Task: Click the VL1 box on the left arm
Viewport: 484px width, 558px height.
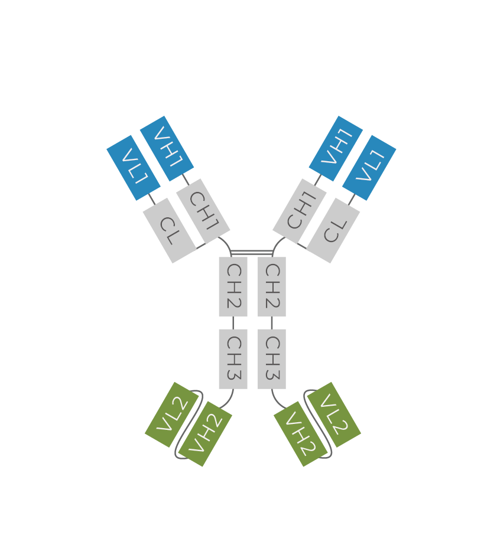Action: [134, 168]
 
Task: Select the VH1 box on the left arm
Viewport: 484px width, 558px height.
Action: [167, 148]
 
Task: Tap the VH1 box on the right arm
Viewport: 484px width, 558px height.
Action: [336, 148]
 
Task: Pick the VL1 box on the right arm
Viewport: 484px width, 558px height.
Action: [369, 168]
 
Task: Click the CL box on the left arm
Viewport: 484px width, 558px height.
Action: [170, 231]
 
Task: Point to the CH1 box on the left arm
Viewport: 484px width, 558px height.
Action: [203, 211]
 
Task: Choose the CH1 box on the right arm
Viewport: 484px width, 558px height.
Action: [300, 211]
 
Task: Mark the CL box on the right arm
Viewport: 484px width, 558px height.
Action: [333, 231]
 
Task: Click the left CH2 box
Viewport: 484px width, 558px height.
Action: [233, 286]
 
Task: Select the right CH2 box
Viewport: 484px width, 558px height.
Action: [272, 286]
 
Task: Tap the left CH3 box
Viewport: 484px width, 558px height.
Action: [233, 359]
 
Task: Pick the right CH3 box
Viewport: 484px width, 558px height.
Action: [272, 359]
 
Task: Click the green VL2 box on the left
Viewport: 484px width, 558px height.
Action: [171, 415]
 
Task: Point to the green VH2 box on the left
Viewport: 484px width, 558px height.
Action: [205, 434]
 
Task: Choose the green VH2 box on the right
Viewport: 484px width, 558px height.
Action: [301, 434]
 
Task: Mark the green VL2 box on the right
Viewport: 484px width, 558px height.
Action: [334, 415]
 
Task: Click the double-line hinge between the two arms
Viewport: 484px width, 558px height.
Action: [252, 253]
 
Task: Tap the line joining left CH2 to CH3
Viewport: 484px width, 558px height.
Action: [233, 323]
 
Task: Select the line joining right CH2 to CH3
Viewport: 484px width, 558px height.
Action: [272, 323]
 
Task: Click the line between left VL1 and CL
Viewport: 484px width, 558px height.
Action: [152, 199]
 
